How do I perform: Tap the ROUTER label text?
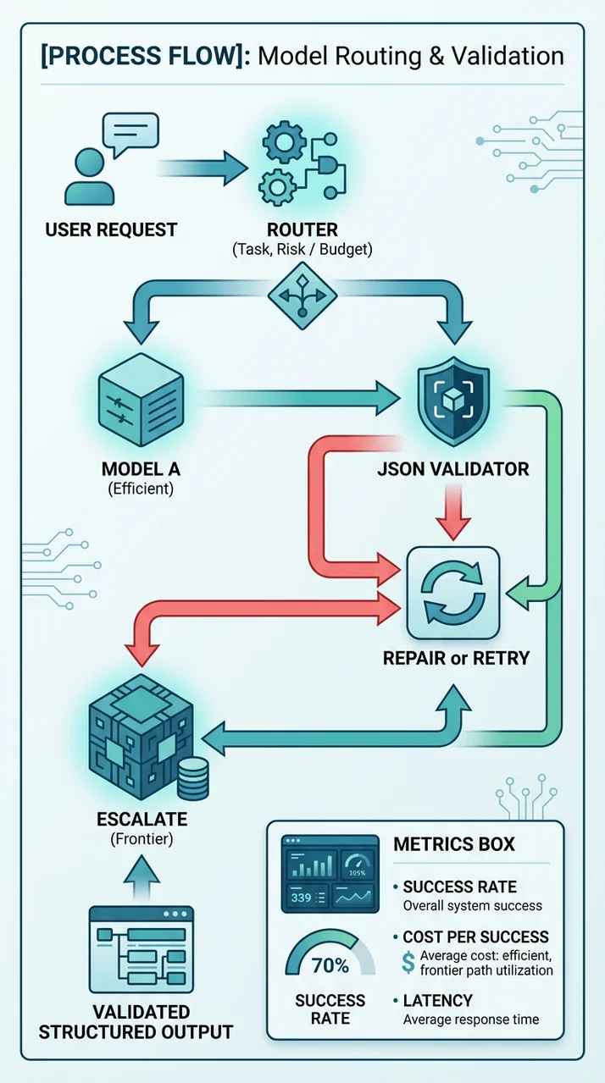click(x=302, y=229)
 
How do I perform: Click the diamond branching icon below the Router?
click(x=302, y=296)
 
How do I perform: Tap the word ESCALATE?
click(x=142, y=821)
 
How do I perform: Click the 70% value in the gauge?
click(x=330, y=964)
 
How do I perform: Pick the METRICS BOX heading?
click(x=453, y=845)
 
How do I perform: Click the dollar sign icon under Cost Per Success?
click(x=408, y=962)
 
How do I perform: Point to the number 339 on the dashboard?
click(x=301, y=898)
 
